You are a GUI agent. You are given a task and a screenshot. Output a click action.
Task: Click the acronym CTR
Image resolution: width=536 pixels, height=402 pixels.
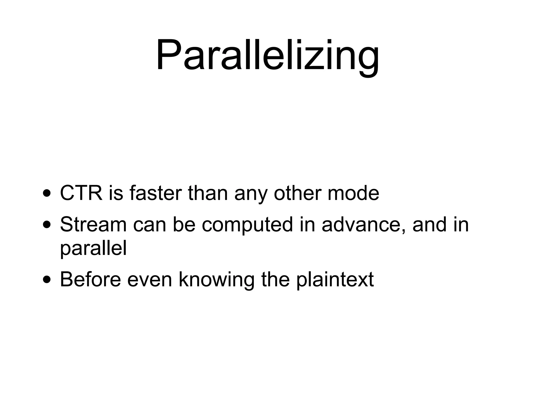81,193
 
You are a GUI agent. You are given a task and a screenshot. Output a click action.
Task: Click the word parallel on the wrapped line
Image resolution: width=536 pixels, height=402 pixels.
93,249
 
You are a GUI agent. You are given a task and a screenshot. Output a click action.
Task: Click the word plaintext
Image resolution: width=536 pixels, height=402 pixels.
335,280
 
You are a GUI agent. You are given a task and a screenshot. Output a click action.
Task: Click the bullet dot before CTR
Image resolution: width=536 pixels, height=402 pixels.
47,194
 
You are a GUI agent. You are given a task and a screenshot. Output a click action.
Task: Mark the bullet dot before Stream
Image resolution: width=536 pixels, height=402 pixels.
47,225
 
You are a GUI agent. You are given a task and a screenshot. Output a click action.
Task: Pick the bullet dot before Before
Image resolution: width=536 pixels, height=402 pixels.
47,280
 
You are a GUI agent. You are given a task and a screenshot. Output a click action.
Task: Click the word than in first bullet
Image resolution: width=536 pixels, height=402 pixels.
208,193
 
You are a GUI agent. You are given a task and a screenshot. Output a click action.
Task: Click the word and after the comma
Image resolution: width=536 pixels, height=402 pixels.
429,225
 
